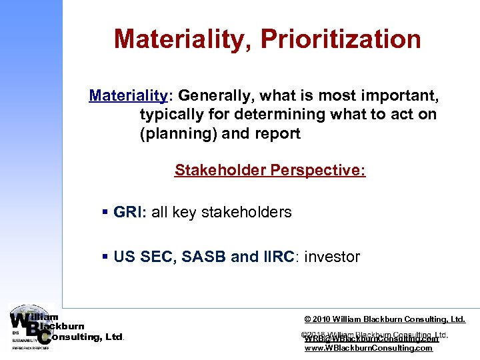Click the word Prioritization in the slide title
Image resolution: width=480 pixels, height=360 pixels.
tap(341, 39)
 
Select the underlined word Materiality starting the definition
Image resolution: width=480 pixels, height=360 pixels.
tap(127, 95)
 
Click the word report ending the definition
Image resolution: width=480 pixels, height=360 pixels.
tap(277, 133)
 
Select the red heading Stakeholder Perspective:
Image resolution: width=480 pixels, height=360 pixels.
tap(270, 170)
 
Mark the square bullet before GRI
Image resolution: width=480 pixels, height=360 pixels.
tap(105, 213)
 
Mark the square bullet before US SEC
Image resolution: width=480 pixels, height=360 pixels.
tap(105, 257)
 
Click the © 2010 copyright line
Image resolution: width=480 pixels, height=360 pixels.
tap(385, 319)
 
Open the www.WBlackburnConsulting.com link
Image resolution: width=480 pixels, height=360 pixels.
tap(368, 348)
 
